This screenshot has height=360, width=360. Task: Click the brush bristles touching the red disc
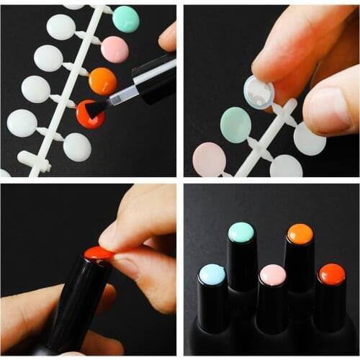click(98, 108)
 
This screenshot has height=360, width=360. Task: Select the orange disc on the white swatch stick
click(103, 81)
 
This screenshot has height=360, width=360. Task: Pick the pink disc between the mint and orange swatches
click(114, 49)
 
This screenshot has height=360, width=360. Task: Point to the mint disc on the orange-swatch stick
click(126, 19)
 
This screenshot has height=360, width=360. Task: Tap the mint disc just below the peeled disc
click(235, 124)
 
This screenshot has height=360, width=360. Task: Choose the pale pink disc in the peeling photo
click(209, 158)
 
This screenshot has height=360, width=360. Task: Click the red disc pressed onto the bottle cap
click(98, 253)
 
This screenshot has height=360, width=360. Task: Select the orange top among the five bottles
click(300, 234)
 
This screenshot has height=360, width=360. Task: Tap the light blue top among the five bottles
click(212, 274)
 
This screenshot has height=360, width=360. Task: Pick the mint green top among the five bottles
click(240, 232)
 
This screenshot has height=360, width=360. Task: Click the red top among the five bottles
click(332, 274)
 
